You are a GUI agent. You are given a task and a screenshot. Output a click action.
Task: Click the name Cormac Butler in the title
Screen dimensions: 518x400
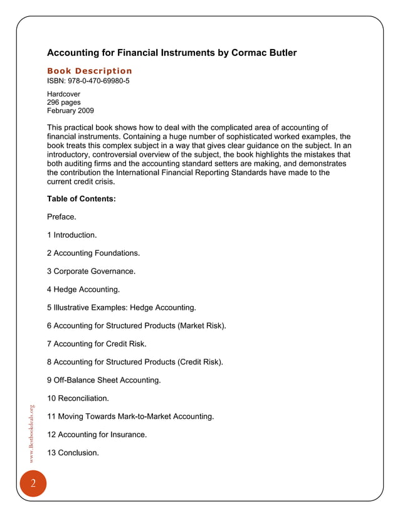click(x=261, y=53)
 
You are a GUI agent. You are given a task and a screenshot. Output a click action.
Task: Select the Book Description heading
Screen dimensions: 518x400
click(x=90, y=71)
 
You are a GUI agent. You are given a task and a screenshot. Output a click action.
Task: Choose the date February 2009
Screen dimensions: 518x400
click(x=70, y=110)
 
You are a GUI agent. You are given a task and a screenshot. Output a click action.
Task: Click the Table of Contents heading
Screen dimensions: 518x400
click(x=82, y=199)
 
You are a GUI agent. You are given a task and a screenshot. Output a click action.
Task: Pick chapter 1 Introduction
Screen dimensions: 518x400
click(x=72, y=235)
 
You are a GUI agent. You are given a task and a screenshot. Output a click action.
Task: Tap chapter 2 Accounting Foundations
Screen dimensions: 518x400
click(x=93, y=253)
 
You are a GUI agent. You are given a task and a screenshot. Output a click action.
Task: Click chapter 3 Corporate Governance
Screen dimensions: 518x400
click(x=92, y=272)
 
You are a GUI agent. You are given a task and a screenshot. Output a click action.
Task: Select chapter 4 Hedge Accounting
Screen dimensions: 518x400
click(x=83, y=290)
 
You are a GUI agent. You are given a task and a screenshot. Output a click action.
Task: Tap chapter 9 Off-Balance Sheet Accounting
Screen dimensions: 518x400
click(x=104, y=379)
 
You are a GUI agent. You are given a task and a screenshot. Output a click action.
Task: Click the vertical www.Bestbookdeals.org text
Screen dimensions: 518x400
click(x=33, y=435)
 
